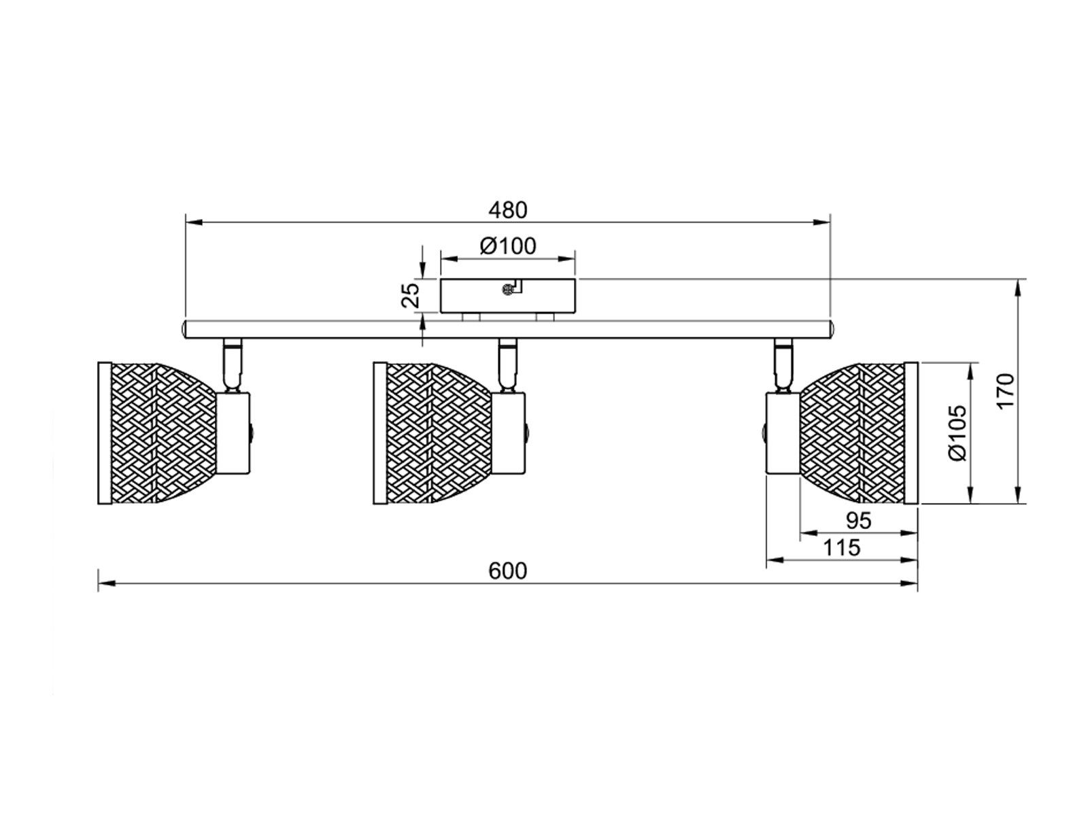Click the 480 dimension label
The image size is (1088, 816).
click(507, 210)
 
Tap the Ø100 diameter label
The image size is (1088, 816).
click(508, 245)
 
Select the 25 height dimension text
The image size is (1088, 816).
click(411, 294)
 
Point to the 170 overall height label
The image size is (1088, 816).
click(1006, 392)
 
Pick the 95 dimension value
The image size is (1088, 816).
click(858, 521)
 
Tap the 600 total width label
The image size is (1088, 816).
click(507, 571)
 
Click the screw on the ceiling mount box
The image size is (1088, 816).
click(507, 290)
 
